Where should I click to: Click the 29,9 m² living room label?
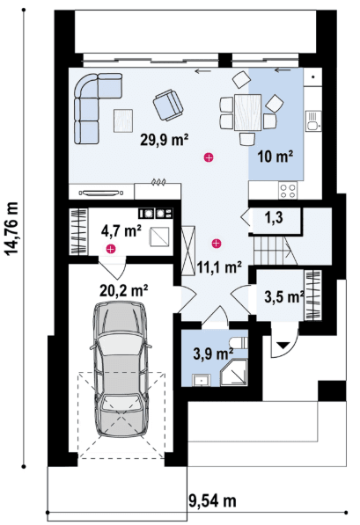pos(164,140)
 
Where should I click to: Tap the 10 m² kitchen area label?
pos(276,156)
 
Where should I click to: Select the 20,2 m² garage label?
pos(124,290)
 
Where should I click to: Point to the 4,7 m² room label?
pos(121,230)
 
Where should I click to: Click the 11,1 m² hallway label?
pos(219,267)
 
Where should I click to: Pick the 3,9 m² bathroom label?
pos(213,354)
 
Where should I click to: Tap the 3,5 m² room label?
pos(284,296)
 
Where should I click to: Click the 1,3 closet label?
pos(274,217)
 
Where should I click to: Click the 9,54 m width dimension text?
pos(212,501)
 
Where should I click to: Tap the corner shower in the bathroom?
pos(234,373)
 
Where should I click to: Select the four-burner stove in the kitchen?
pos(288,191)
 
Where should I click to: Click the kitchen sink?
pos(313,120)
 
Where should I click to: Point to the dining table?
pos(247,113)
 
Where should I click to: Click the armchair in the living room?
pos(168,105)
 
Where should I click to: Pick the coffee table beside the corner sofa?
pos(123,120)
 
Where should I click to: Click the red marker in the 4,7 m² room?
pos(110,249)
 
